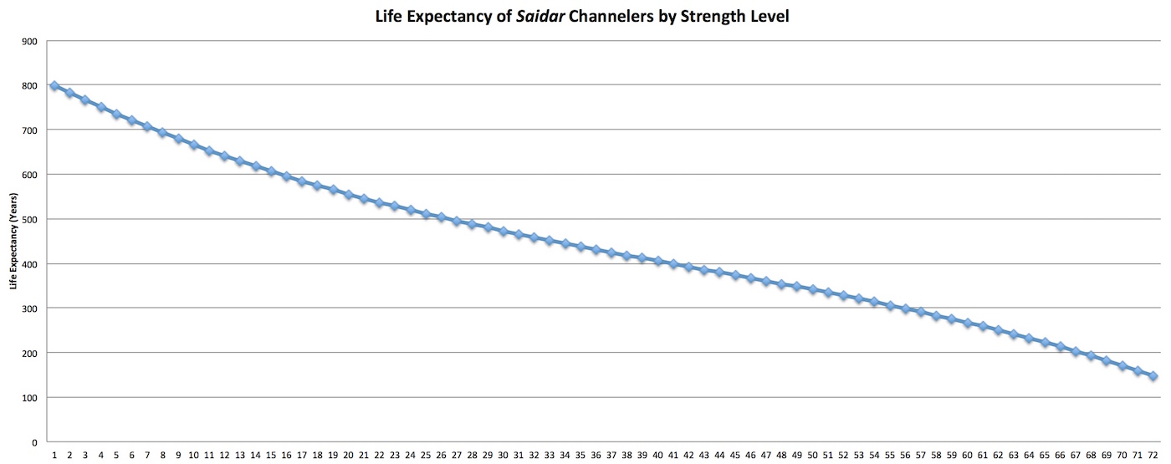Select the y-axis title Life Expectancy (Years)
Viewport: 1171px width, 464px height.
[x=13, y=241]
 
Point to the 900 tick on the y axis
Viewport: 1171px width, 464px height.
[x=28, y=40]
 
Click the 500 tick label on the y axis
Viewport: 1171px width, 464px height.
[x=28, y=219]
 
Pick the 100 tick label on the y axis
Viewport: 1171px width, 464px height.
[x=28, y=398]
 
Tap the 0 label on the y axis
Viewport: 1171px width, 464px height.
[x=33, y=442]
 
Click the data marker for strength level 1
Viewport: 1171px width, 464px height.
[x=54, y=85]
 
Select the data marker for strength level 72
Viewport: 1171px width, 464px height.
[x=1153, y=376]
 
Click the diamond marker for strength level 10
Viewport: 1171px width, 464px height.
[x=193, y=145]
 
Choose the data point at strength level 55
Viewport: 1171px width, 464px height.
[x=890, y=306]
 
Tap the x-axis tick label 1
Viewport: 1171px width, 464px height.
[x=54, y=456]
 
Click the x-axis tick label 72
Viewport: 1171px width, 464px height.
[x=1153, y=456]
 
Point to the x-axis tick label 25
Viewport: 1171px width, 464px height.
[x=426, y=456]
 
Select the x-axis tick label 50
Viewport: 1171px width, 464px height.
[x=812, y=456]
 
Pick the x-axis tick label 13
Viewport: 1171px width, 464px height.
[x=240, y=456]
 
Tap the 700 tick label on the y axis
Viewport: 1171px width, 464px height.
[x=28, y=130]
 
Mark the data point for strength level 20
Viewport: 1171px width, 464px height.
[x=348, y=194]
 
